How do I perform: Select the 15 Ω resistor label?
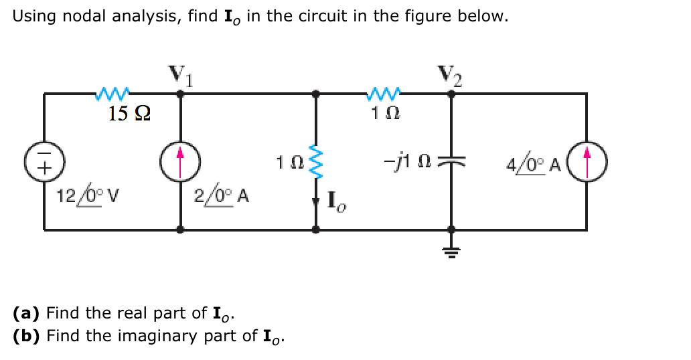coord(129,113)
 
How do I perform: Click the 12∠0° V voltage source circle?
coord(44,163)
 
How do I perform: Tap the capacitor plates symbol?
coord(452,163)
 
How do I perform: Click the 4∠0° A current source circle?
coord(587,163)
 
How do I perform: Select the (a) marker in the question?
coord(27,312)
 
